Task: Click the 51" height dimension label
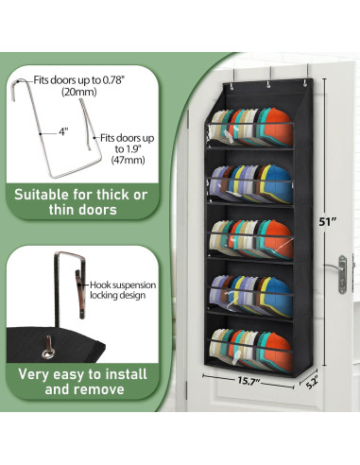click(326, 222)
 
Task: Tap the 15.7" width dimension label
click(249, 381)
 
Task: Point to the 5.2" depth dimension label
click(311, 382)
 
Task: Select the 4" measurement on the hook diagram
click(63, 132)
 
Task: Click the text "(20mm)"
click(79, 92)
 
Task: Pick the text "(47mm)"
click(128, 160)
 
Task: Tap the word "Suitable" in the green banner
click(41, 195)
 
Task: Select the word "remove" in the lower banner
click(100, 389)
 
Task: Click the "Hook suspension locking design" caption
click(123, 290)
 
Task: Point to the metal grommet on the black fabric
click(48, 353)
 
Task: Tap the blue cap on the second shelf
click(278, 183)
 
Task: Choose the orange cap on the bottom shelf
click(278, 351)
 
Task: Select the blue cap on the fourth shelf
click(278, 296)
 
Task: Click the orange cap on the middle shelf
click(278, 239)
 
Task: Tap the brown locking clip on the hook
click(80, 294)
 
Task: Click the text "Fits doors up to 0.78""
click(79, 80)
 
